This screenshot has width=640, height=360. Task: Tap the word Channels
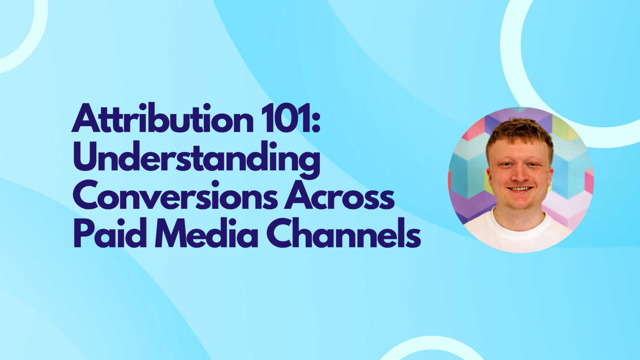click(343, 233)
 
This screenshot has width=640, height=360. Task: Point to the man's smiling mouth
click(519, 189)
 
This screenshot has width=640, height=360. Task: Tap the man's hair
click(518, 132)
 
